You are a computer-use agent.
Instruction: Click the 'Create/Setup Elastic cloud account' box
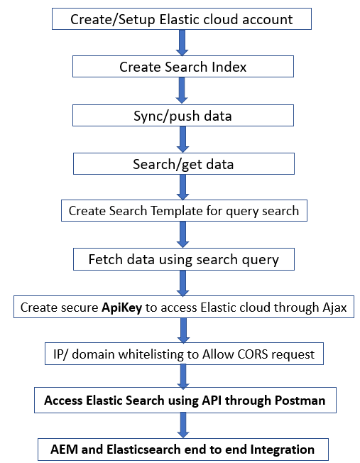181,19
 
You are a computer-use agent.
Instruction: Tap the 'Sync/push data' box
182,116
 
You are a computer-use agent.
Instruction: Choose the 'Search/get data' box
182,164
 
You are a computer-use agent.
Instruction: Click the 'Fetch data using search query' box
183,259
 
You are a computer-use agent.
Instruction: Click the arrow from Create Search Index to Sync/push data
182,92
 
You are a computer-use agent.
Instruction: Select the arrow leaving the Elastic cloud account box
182,43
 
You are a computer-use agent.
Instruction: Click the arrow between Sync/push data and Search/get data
182,140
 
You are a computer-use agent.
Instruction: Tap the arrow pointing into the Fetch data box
182,235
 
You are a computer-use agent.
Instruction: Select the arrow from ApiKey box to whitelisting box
183,330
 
